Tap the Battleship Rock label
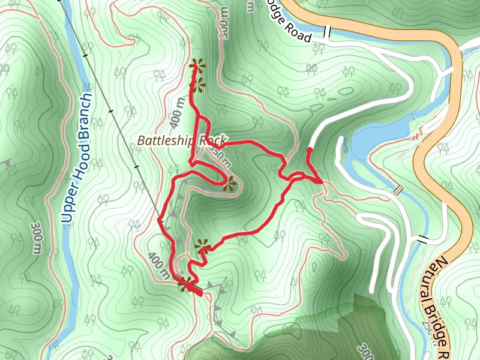[181, 140]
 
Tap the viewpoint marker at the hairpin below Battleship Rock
[229, 184]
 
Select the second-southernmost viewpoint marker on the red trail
[203, 246]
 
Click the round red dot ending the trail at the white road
[310, 150]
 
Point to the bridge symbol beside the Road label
[328, 32]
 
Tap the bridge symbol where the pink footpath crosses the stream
[398, 190]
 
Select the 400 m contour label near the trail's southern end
[158, 264]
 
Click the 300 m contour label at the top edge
[224, 28]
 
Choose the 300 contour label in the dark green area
[365, 350]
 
